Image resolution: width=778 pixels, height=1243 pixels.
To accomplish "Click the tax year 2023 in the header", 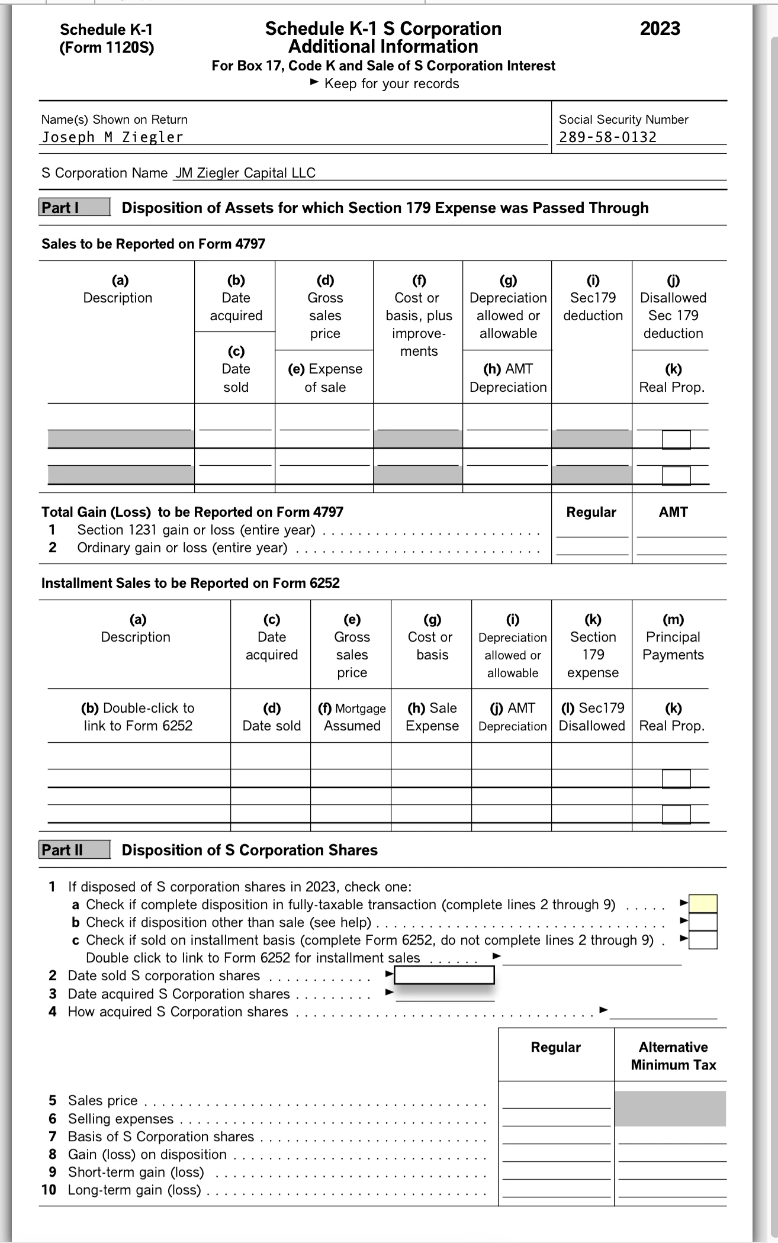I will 660,28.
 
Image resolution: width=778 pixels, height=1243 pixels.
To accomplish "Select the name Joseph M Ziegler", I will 112,137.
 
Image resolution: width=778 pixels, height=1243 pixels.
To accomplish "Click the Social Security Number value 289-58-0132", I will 608,137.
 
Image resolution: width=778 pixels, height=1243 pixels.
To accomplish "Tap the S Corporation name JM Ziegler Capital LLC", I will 245,173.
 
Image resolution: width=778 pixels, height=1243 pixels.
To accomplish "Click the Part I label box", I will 75,207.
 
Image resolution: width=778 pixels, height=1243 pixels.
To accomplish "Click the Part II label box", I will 75,850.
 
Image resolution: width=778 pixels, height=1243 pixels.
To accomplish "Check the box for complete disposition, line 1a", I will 703,904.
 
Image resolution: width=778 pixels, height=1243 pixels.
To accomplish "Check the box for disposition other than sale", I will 703,922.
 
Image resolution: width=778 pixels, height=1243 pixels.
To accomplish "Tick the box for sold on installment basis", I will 703,940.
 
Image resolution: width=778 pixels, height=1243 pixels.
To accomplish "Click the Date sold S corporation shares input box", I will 444,975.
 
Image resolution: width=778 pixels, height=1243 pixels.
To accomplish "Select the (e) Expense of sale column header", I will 324,378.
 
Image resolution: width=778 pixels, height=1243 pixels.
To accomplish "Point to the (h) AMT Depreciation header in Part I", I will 508,378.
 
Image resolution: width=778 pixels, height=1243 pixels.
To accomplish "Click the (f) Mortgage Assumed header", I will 352,717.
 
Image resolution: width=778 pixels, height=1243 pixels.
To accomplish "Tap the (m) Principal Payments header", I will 673,637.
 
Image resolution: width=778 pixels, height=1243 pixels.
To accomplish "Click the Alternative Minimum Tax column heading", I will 673,1056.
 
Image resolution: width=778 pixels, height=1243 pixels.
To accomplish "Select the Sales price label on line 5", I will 102,1100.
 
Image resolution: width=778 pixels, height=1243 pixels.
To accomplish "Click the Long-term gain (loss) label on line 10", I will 134,1190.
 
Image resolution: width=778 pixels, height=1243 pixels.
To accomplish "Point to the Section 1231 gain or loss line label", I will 196,530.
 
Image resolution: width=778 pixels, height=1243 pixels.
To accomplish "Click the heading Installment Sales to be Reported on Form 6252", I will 191,583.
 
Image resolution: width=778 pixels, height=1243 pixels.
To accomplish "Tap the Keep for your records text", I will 391,83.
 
